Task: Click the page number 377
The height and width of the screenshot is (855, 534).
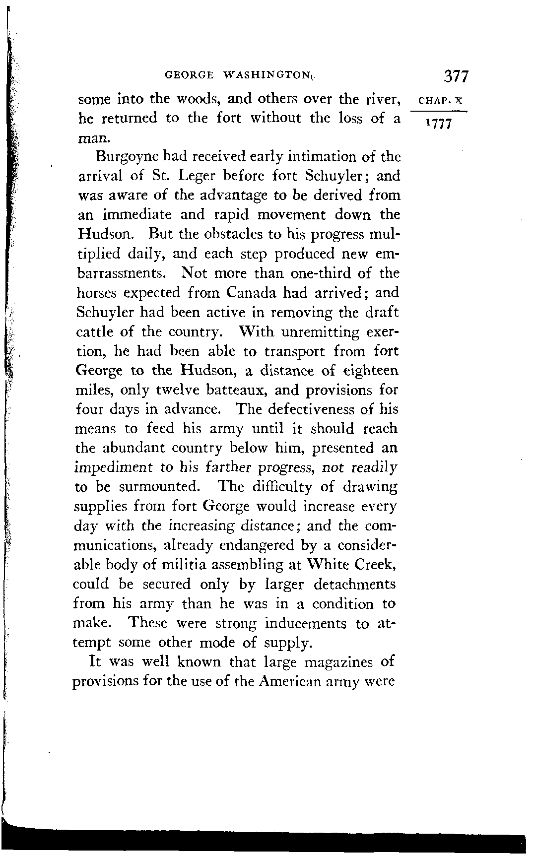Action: pyautogui.click(x=456, y=76)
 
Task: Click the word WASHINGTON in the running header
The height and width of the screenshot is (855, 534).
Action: pyautogui.click(x=266, y=76)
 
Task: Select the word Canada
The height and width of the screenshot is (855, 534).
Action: pyautogui.click(x=251, y=293)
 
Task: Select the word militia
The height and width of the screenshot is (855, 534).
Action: pyautogui.click(x=185, y=565)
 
